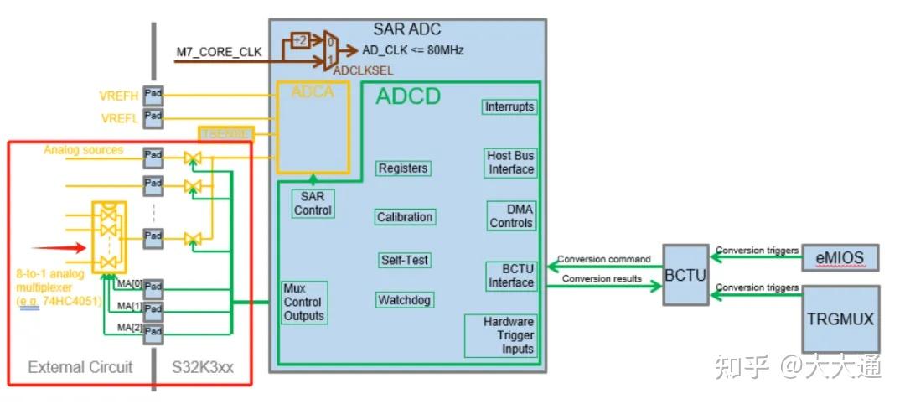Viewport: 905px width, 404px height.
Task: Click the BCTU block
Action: pyautogui.click(x=685, y=275)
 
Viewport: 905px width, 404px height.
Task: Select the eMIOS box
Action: pyautogui.click(x=840, y=258)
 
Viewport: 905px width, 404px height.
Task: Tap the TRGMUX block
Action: pyautogui.click(x=841, y=319)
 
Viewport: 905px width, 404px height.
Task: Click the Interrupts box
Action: pyautogui.click(x=509, y=107)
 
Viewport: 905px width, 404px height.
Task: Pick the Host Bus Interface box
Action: pyautogui.click(x=510, y=163)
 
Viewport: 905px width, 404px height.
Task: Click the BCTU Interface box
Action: pyautogui.click(x=510, y=276)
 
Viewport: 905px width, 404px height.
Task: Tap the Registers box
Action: pyautogui.click(x=403, y=168)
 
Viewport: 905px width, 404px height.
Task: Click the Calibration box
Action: pyautogui.click(x=405, y=217)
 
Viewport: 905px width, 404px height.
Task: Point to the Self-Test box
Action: pyautogui.click(x=405, y=260)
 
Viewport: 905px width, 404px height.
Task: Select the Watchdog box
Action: pyautogui.click(x=405, y=300)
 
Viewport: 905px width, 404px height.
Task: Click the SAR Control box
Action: pyautogui.click(x=312, y=204)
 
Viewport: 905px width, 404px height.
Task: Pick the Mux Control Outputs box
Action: pyautogui.click(x=303, y=303)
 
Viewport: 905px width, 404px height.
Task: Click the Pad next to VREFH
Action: pyautogui.click(x=153, y=93)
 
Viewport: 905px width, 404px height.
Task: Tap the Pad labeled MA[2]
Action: pyautogui.click(x=153, y=334)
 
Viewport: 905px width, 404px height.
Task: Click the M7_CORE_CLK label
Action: pyautogui.click(x=219, y=52)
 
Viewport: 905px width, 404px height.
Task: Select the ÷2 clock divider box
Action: pyautogui.click(x=299, y=39)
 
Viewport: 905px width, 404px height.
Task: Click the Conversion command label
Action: pyautogui.click(x=603, y=259)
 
